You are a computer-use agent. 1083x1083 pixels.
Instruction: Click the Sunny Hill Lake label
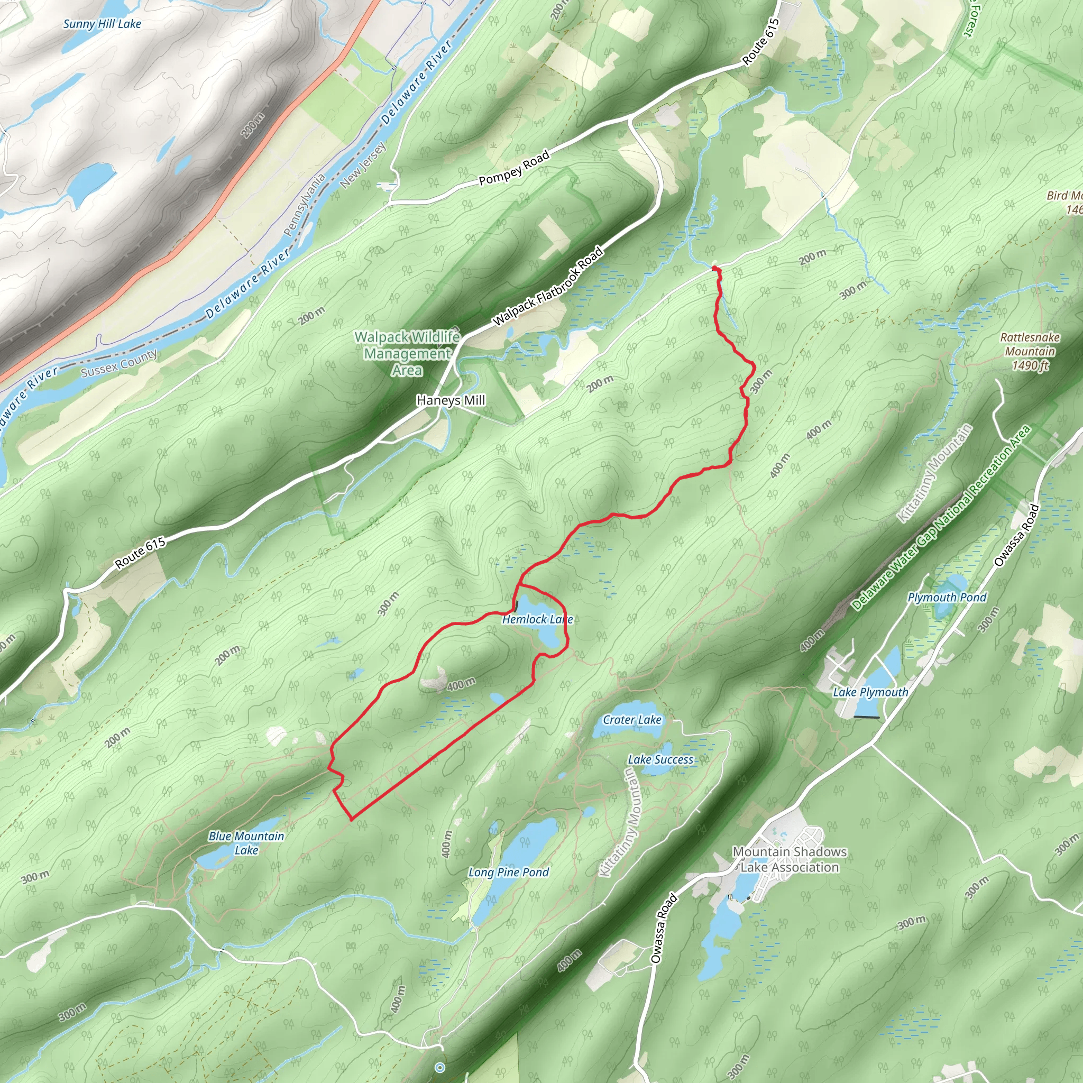pyautogui.click(x=102, y=24)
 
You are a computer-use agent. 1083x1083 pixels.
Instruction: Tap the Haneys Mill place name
pyautogui.click(x=451, y=400)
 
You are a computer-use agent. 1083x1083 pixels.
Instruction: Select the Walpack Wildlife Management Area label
pyautogui.click(x=407, y=353)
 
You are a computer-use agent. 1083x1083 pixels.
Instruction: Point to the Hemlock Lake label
pyautogui.click(x=537, y=619)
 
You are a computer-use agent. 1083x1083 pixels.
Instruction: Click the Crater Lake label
pyautogui.click(x=632, y=720)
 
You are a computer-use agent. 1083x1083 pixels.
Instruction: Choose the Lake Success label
pyautogui.click(x=660, y=759)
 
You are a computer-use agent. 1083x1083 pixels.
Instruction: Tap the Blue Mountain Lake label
pyautogui.click(x=246, y=843)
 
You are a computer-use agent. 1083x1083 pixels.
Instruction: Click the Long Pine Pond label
pyautogui.click(x=508, y=872)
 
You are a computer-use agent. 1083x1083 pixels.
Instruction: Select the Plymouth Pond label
pyautogui.click(x=947, y=598)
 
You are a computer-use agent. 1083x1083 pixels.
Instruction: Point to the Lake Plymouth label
pyautogui.click(x=870, y=692)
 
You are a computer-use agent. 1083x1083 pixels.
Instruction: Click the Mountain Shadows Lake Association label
pyautogui.click(x=790, y=859)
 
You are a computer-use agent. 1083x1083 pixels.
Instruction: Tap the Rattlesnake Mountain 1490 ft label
pyautogui.click(x=1030, y=352)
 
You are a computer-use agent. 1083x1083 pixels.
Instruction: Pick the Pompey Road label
pyautogui.click(x=514, y=168)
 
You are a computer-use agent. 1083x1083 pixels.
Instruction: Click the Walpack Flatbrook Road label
pyautogui.click(x=548, y=287)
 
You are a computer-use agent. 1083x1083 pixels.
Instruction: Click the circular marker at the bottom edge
pyautogui.click(x=440, y=1067)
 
